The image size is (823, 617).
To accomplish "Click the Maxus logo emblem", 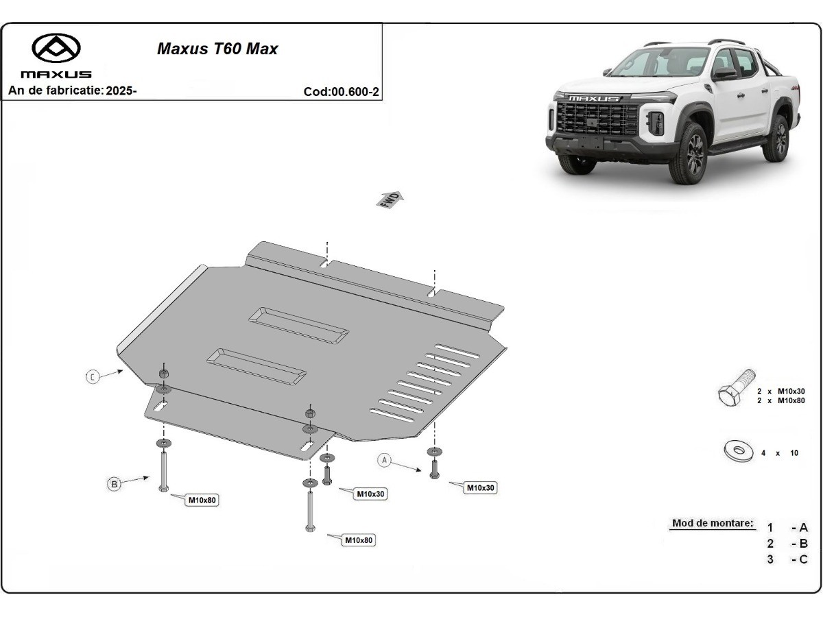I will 56,47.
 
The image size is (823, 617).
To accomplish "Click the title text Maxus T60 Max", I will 217,49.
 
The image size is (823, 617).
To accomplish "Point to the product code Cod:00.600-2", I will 341,92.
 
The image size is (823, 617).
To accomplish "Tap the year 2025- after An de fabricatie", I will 121,90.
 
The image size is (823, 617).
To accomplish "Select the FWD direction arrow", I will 390,199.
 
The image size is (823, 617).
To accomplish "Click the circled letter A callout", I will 385,460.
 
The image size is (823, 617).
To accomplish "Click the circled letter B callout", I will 115,484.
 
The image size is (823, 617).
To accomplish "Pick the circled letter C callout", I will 93,376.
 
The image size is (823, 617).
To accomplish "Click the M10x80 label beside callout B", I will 202,500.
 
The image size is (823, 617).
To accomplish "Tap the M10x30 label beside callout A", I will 481,488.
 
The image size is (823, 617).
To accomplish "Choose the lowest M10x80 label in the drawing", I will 359,540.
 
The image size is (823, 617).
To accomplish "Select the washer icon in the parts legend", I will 738,451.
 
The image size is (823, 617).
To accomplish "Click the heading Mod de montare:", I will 713,523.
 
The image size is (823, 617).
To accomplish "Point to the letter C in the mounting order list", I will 803,559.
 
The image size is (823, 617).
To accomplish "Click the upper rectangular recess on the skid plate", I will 299,325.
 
